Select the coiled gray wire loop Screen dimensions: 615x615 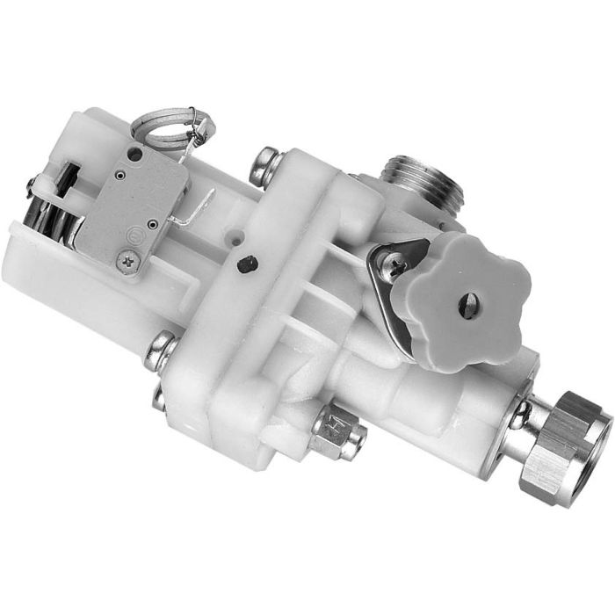pos(167,127)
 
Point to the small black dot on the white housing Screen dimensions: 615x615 pos(249,262)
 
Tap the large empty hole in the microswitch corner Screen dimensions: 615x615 pos(134,155)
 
